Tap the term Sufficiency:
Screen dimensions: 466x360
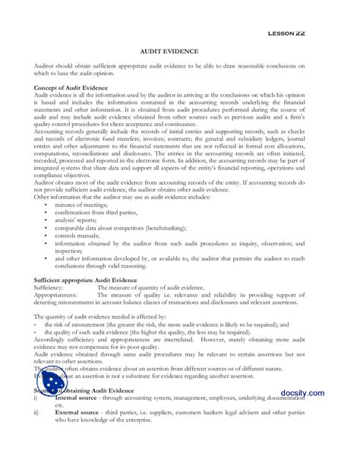[x=52, y=289]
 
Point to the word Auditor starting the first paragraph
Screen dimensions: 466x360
[x=46, y=67]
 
